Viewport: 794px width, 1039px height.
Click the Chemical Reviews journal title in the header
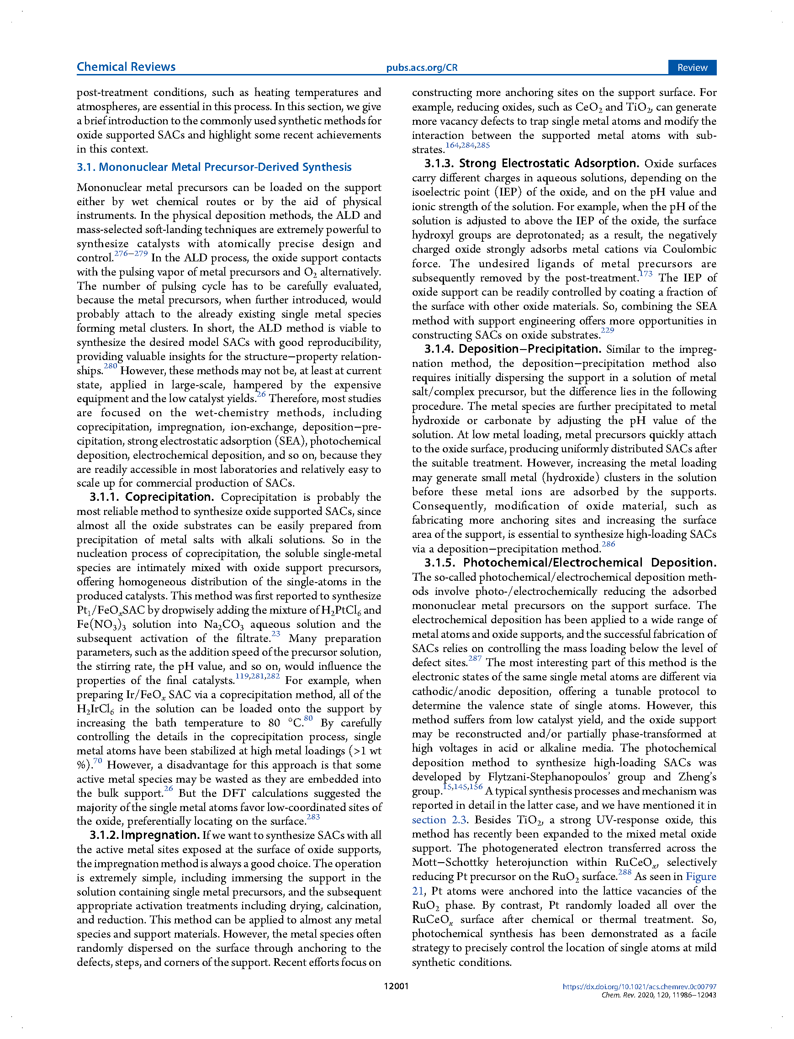pos(126,67)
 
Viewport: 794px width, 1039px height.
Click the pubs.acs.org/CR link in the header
pos(422,68)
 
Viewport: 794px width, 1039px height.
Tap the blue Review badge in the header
pos(692,68)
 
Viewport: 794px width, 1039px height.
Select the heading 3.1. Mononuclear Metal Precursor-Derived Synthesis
pos(214,167)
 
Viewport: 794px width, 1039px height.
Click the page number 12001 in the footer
pos(396,986)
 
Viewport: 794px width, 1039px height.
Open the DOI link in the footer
pos(639,986)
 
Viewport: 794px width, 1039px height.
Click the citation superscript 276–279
pos(131,254)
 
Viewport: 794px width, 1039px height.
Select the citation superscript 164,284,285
pos(467,145)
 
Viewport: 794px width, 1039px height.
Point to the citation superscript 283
pos(313,817)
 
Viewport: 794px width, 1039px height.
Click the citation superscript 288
pos(625,872)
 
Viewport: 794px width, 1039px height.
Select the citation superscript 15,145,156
pos(462,787)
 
